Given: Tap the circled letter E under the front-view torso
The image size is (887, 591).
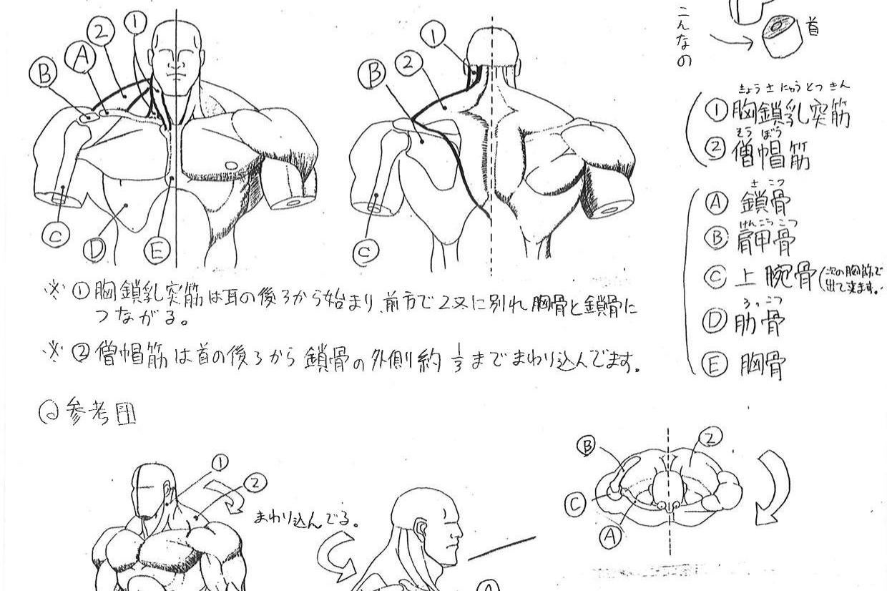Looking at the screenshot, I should point(157,250).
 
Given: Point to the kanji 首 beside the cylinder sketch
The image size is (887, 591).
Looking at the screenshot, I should point(813,29).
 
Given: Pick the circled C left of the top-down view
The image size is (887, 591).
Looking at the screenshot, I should point(576,505).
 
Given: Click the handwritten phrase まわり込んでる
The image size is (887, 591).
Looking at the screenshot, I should point(305,517).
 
